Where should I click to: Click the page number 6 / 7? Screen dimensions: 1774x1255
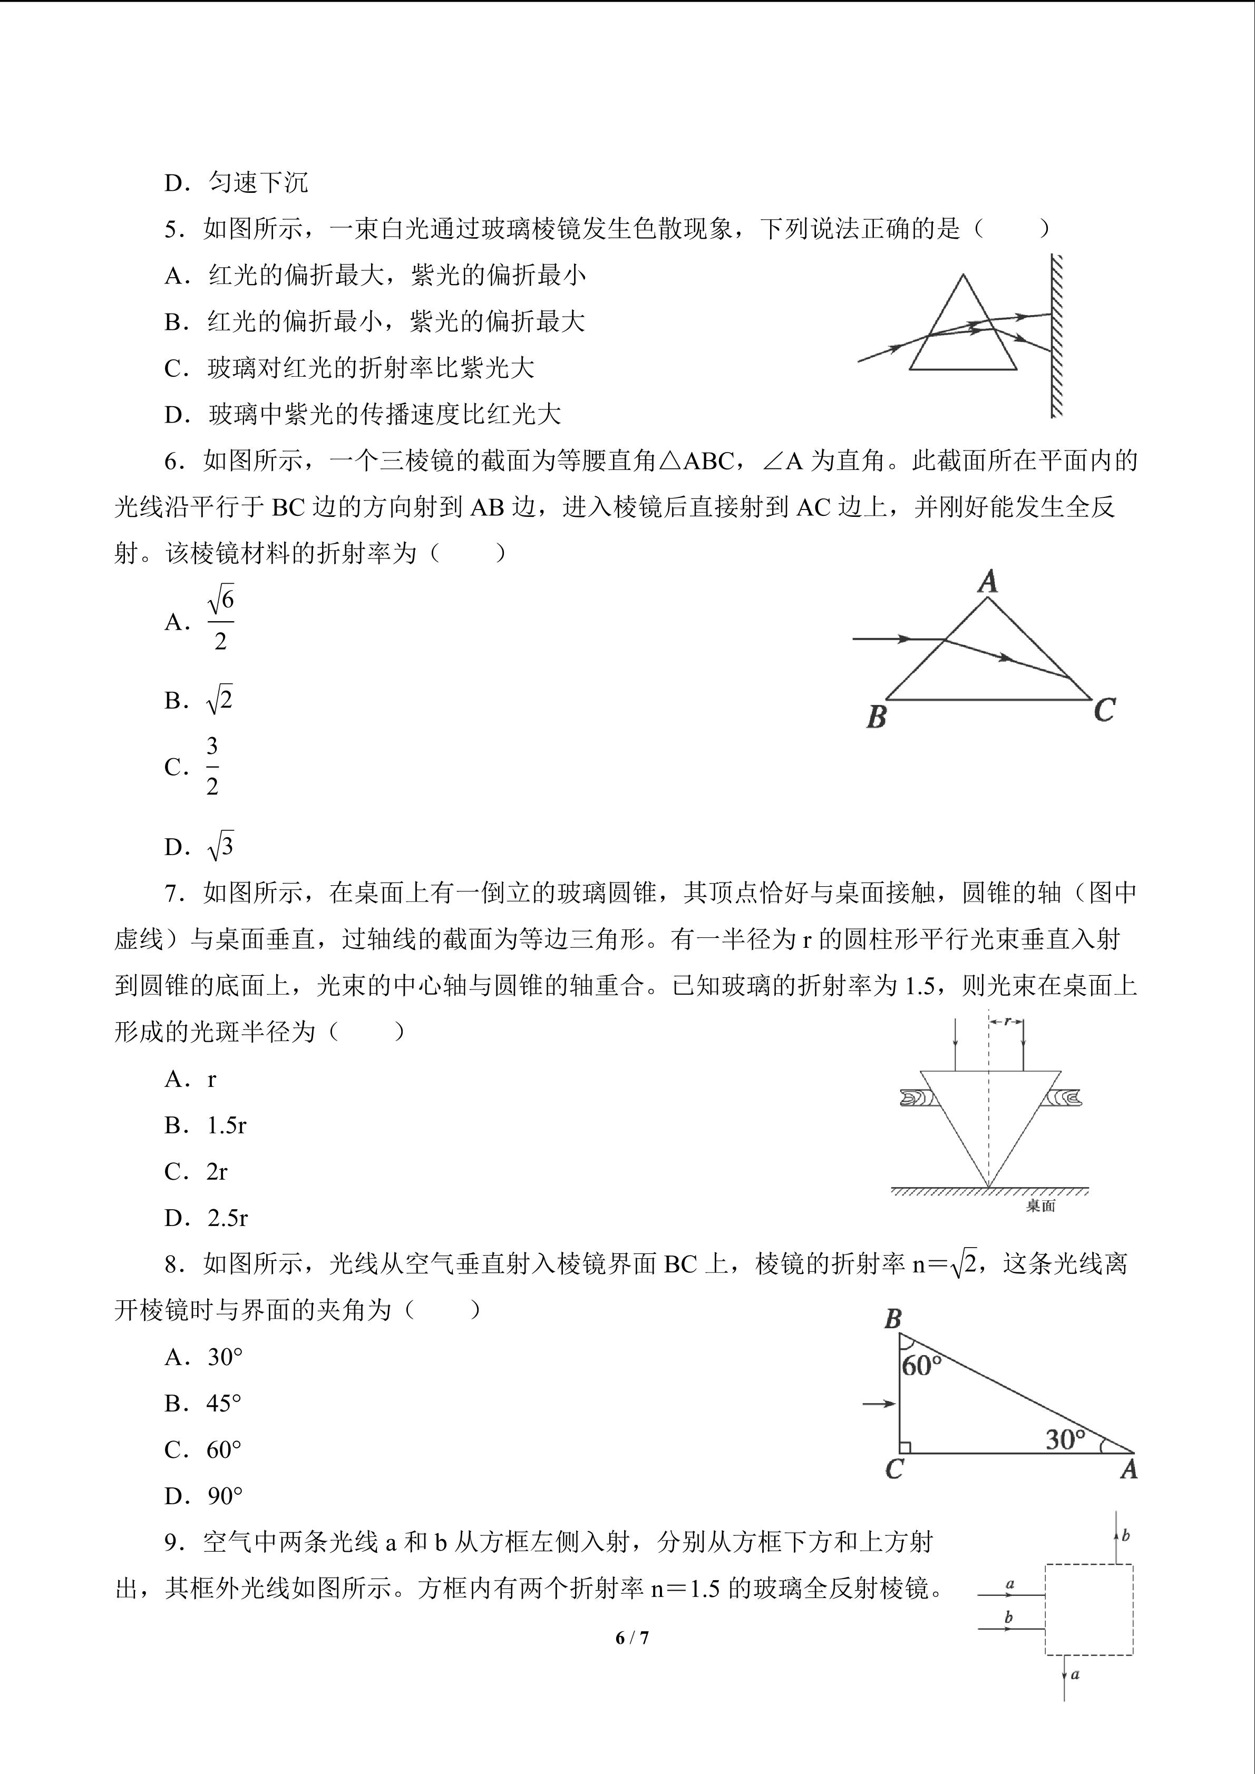[631, 1637]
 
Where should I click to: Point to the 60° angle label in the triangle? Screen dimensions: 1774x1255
[921, 1365]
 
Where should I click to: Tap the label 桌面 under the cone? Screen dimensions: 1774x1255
[1040, 1206]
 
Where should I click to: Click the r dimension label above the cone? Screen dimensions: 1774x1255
[1007, 1022]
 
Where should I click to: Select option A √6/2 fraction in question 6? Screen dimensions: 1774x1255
[220, 620]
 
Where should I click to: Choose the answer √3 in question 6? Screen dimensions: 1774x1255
[220, 846]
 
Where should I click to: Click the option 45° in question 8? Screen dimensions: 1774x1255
[224, 1403]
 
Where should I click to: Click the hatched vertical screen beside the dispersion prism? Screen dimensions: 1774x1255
[1056, 336]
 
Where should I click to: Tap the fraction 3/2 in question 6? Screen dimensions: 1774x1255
[212, 767]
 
